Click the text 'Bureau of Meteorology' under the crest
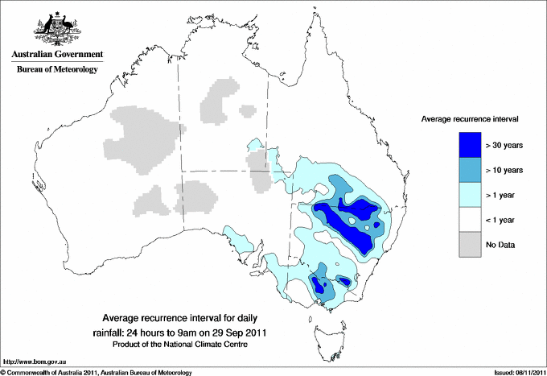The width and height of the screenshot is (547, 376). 56,69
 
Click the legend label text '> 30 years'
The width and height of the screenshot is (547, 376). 504,145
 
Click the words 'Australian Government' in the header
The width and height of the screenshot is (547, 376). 56,55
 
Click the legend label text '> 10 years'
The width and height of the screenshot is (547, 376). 504,170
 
